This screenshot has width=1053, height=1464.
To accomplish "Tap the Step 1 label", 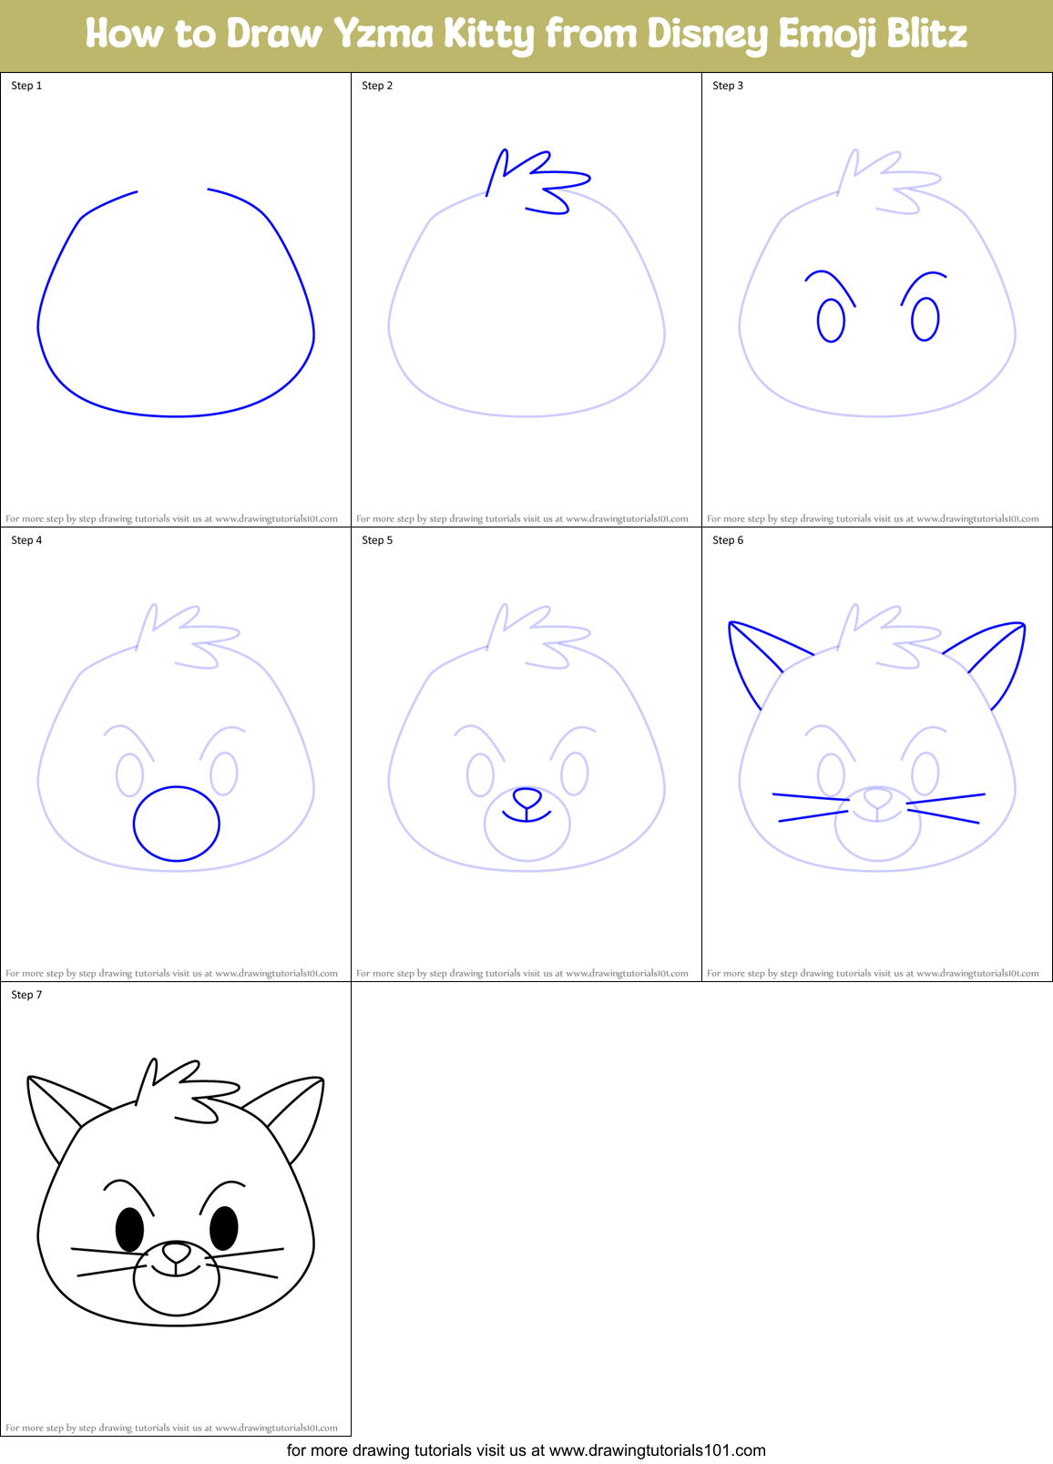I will [26, 86].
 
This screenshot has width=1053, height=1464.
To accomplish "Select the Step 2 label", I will [377, 86].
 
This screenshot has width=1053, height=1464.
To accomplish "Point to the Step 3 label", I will [728, 86].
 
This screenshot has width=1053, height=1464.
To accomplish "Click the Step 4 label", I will [26, 540].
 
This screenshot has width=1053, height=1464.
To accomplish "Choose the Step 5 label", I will [377, 540].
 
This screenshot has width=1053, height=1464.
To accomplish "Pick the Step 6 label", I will [728, 540].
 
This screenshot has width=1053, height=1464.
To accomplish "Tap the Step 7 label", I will [26, 995].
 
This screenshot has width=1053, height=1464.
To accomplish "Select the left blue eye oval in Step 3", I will [831, 321].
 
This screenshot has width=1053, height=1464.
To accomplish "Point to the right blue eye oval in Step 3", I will [925, 319].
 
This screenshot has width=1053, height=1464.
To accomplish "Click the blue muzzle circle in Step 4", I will [177, 824].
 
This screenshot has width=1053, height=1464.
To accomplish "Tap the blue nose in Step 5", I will [526, 799].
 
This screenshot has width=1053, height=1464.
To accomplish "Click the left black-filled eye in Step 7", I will [129, 1229].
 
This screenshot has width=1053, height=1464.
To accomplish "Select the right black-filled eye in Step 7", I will [224, 1227].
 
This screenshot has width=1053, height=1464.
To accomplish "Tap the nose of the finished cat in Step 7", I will [176, 1254].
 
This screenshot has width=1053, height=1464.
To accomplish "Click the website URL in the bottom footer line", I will [658, 1450].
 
